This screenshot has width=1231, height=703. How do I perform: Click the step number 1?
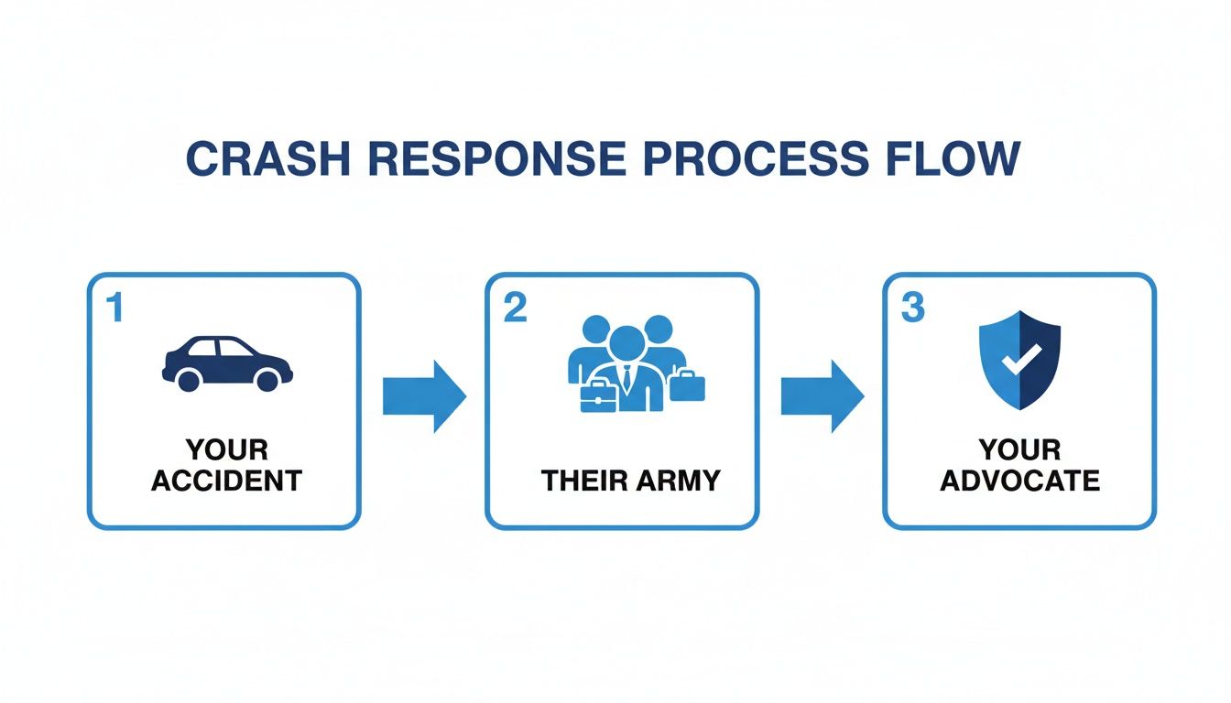tap(114, 309)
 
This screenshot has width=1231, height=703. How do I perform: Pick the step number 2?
tap(515, 309)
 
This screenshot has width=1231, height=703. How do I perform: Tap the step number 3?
tap(912, 309)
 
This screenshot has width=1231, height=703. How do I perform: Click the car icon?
tap(227, 363)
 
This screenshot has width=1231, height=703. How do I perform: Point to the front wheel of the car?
tap(268, 378)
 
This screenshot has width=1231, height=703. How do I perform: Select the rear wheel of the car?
tap(189, 378)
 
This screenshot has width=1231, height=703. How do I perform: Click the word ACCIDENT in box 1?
tap(226, 481)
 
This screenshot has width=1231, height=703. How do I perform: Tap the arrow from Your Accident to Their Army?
tap(423, 395)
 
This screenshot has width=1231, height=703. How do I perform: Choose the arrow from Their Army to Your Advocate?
tap(822, 395)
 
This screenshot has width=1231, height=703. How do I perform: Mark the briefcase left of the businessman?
tap(596, 396)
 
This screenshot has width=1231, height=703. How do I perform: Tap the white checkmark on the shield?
tap(1016, 361)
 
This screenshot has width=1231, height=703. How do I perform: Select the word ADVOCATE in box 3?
tap(1019, 481)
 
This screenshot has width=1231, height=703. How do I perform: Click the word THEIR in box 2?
tap(583, 481)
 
